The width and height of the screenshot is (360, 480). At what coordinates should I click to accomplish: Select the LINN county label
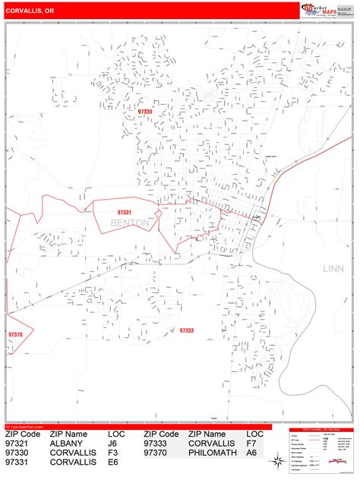click(x=333, y=268)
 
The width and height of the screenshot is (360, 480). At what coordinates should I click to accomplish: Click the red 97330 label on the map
click(x=145, y=112)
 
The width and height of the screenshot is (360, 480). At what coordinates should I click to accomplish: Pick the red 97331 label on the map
click(x=125, y=212)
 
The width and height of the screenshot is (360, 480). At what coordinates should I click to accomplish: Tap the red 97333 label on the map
click(x=186, y=330)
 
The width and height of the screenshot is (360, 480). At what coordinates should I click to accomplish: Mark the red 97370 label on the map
click(x=15, y=334)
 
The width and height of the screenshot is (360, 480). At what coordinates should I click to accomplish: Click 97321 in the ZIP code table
click(x=21, y=444)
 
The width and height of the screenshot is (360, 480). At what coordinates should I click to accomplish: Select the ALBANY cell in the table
click(x=68, y=444)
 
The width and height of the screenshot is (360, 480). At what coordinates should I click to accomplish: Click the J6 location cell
click(x=113, y=444)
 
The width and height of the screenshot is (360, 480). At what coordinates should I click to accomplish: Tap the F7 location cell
click(x=251, y=444)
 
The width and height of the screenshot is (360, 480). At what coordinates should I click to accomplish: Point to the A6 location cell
click(x=251, y=453)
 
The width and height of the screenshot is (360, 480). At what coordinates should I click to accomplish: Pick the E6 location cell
click(x=113, y=462)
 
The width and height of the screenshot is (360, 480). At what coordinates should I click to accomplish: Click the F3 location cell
click(x=113, y=453)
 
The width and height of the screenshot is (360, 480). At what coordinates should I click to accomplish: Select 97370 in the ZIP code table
click(x=159, y=453)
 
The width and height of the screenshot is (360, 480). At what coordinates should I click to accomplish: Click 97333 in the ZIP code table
click(x=159, y=444)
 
